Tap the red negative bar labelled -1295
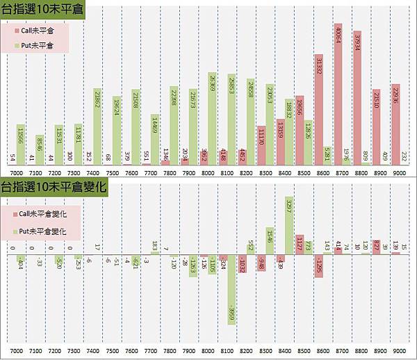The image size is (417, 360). [x=319, y=266]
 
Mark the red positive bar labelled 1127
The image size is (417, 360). [x=300, y=244]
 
